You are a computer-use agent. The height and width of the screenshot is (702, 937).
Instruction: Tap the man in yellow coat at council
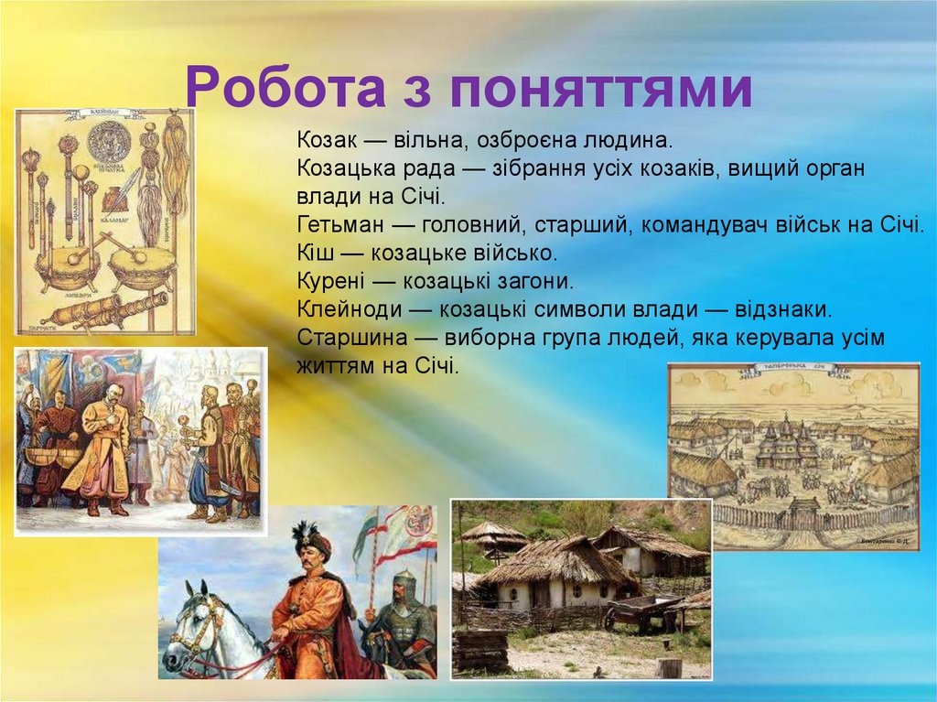click(106, 448)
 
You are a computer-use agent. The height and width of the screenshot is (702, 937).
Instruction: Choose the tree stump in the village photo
click(669, 665)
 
